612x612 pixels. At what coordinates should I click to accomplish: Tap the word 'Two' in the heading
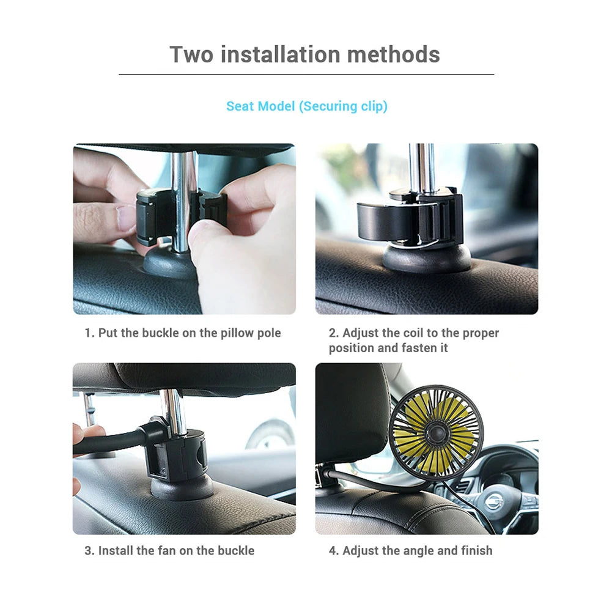click(x=191, y=54)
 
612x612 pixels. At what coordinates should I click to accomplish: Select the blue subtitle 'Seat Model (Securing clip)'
click(x=307, y=106)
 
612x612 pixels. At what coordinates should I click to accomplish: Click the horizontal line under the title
click(x=306, y=75)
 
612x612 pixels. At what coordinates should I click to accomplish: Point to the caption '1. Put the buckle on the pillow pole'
click(x=183, y=333)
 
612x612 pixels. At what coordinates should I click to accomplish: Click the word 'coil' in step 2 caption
click(x=414, y=333)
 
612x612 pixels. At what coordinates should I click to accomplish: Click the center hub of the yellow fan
click(x=436, y=432)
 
